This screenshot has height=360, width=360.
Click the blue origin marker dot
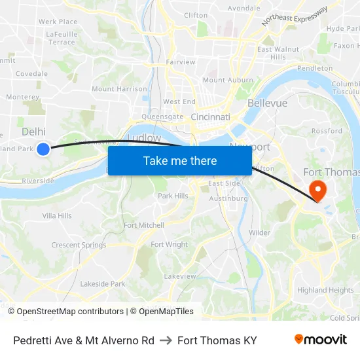pos(43,149)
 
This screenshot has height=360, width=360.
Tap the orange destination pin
pos(317,190)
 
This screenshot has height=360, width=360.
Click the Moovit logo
pos(321,340)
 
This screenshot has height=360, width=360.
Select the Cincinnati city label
pos(210,117)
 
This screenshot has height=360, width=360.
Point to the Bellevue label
pos(267,103)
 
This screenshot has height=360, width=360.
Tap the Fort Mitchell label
pos(144,225)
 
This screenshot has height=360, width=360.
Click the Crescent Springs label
pos(79,245)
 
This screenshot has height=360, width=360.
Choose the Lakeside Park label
pos(102,284)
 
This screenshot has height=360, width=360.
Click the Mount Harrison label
pos(119,89)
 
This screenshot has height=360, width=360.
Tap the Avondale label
pos(243,9)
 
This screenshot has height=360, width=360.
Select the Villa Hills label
pos(57,216)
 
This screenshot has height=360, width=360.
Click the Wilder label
pos(259,232)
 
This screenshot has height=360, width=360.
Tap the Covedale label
pos(31,74)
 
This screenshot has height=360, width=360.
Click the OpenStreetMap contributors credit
pos(70,312)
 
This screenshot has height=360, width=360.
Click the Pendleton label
pos(315,68)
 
